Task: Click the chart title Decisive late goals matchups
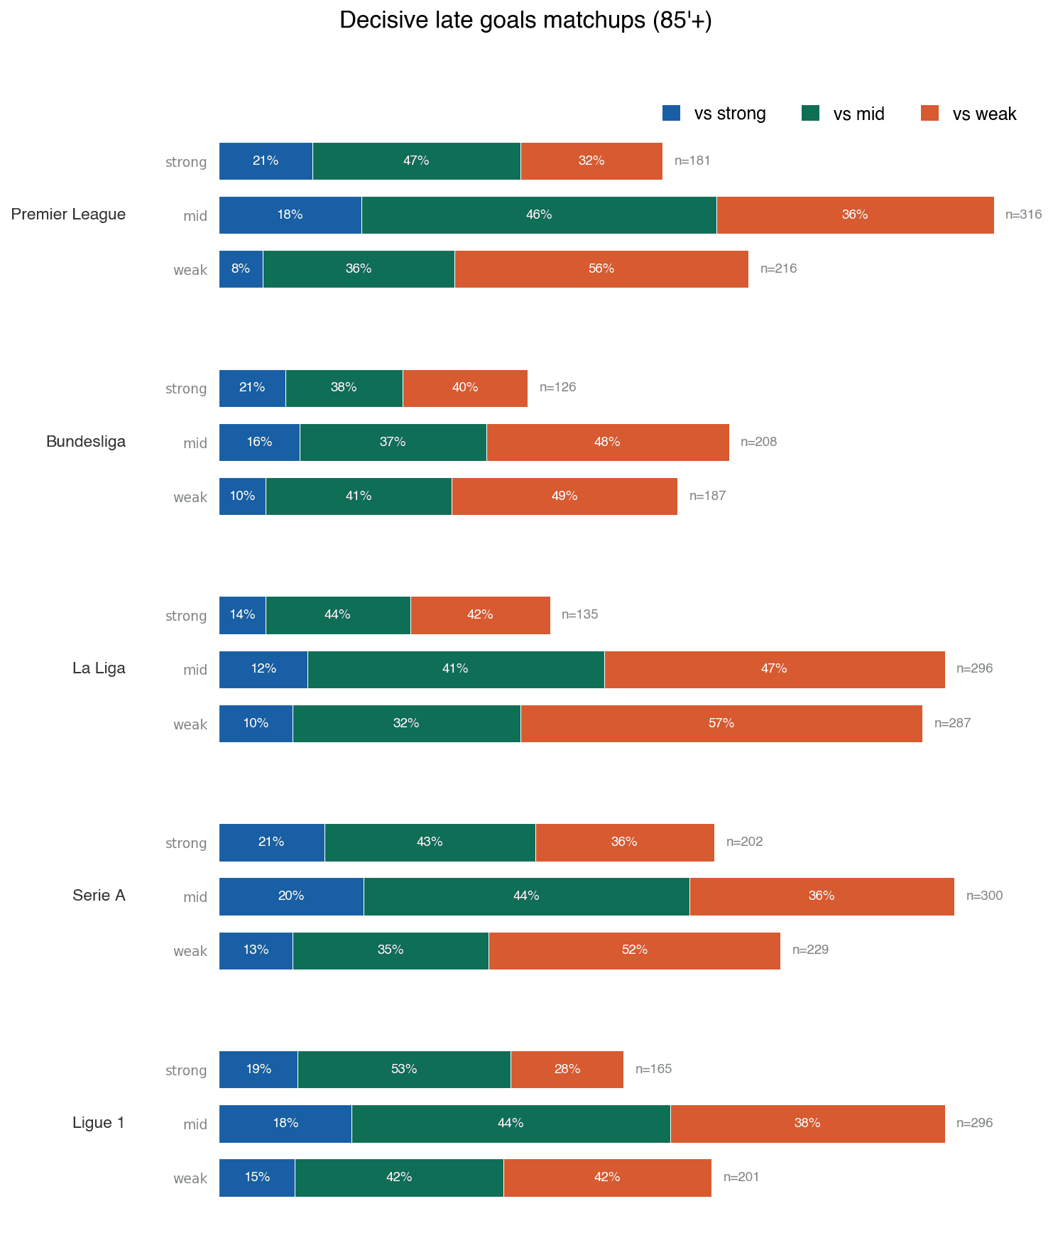525,21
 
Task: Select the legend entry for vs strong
714,114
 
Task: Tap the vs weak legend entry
969,114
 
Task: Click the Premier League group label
68,214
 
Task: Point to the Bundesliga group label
85,442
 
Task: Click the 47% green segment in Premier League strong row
416,161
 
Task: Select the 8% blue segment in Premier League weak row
241,269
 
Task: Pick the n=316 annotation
1023,214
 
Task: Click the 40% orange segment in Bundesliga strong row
465,388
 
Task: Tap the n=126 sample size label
557,388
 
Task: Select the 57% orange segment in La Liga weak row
721,724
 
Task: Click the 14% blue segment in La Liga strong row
242,615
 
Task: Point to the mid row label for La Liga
195,670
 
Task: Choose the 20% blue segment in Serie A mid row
291,896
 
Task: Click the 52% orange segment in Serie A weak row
634,950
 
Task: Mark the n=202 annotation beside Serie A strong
744,842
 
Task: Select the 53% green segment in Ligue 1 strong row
403,1070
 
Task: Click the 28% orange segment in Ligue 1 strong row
567,1070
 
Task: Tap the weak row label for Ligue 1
190,1178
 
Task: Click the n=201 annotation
741,1178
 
